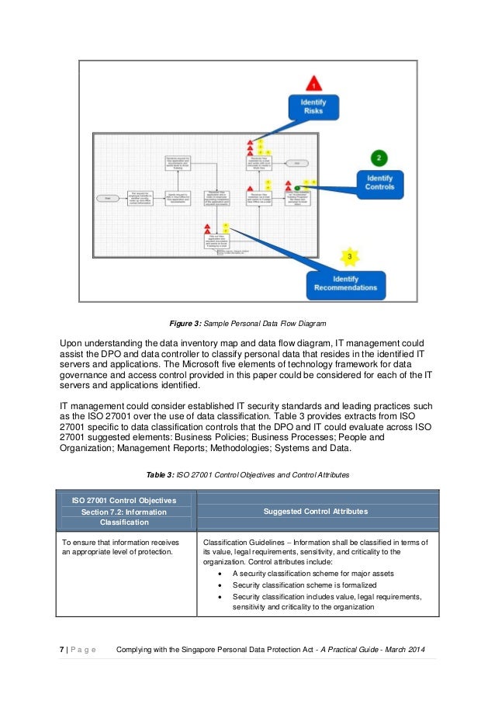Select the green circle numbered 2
click(379, 158)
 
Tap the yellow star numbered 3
click(350, 255)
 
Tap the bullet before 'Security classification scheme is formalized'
click(223, 585)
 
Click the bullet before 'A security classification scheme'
click(223, 574)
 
